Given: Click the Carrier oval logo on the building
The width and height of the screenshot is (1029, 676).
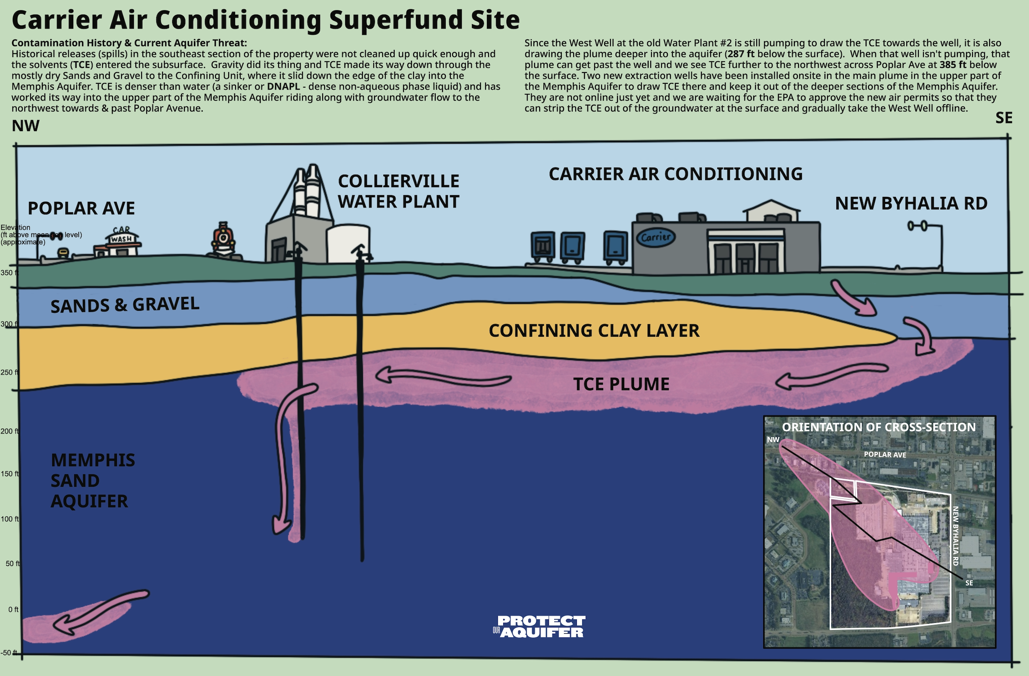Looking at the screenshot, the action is (x=655, y=237).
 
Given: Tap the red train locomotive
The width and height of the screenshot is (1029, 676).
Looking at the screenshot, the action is (x=223, y=240).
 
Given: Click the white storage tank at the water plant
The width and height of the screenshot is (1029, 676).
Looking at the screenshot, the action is (x=348, y=243).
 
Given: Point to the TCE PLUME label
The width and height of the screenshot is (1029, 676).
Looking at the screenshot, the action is (x=621, y=384).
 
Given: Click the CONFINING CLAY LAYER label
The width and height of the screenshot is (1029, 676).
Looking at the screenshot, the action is (x=594, y=330).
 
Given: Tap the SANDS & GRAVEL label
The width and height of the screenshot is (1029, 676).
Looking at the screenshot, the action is (x=125, y=305).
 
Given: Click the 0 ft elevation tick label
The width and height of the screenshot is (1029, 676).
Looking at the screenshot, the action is (x=13, y=609).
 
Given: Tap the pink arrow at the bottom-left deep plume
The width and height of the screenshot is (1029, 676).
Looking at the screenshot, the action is (x=99, y=611).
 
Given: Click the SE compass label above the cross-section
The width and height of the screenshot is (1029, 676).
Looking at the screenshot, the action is (x=1004, y=118).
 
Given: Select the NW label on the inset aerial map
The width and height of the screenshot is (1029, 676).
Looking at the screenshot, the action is (x=773, y=440).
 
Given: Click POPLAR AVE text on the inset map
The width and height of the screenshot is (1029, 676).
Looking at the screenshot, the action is (x=884, y=455).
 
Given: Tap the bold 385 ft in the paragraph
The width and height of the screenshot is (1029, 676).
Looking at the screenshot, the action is (x=952, y=65).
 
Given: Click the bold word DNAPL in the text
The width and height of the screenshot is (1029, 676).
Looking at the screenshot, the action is (x=283, y=86).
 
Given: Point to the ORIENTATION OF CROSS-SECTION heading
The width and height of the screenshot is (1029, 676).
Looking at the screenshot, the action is (x=879, y=427).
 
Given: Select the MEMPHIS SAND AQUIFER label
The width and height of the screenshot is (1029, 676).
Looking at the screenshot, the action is (x=93, y=480).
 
